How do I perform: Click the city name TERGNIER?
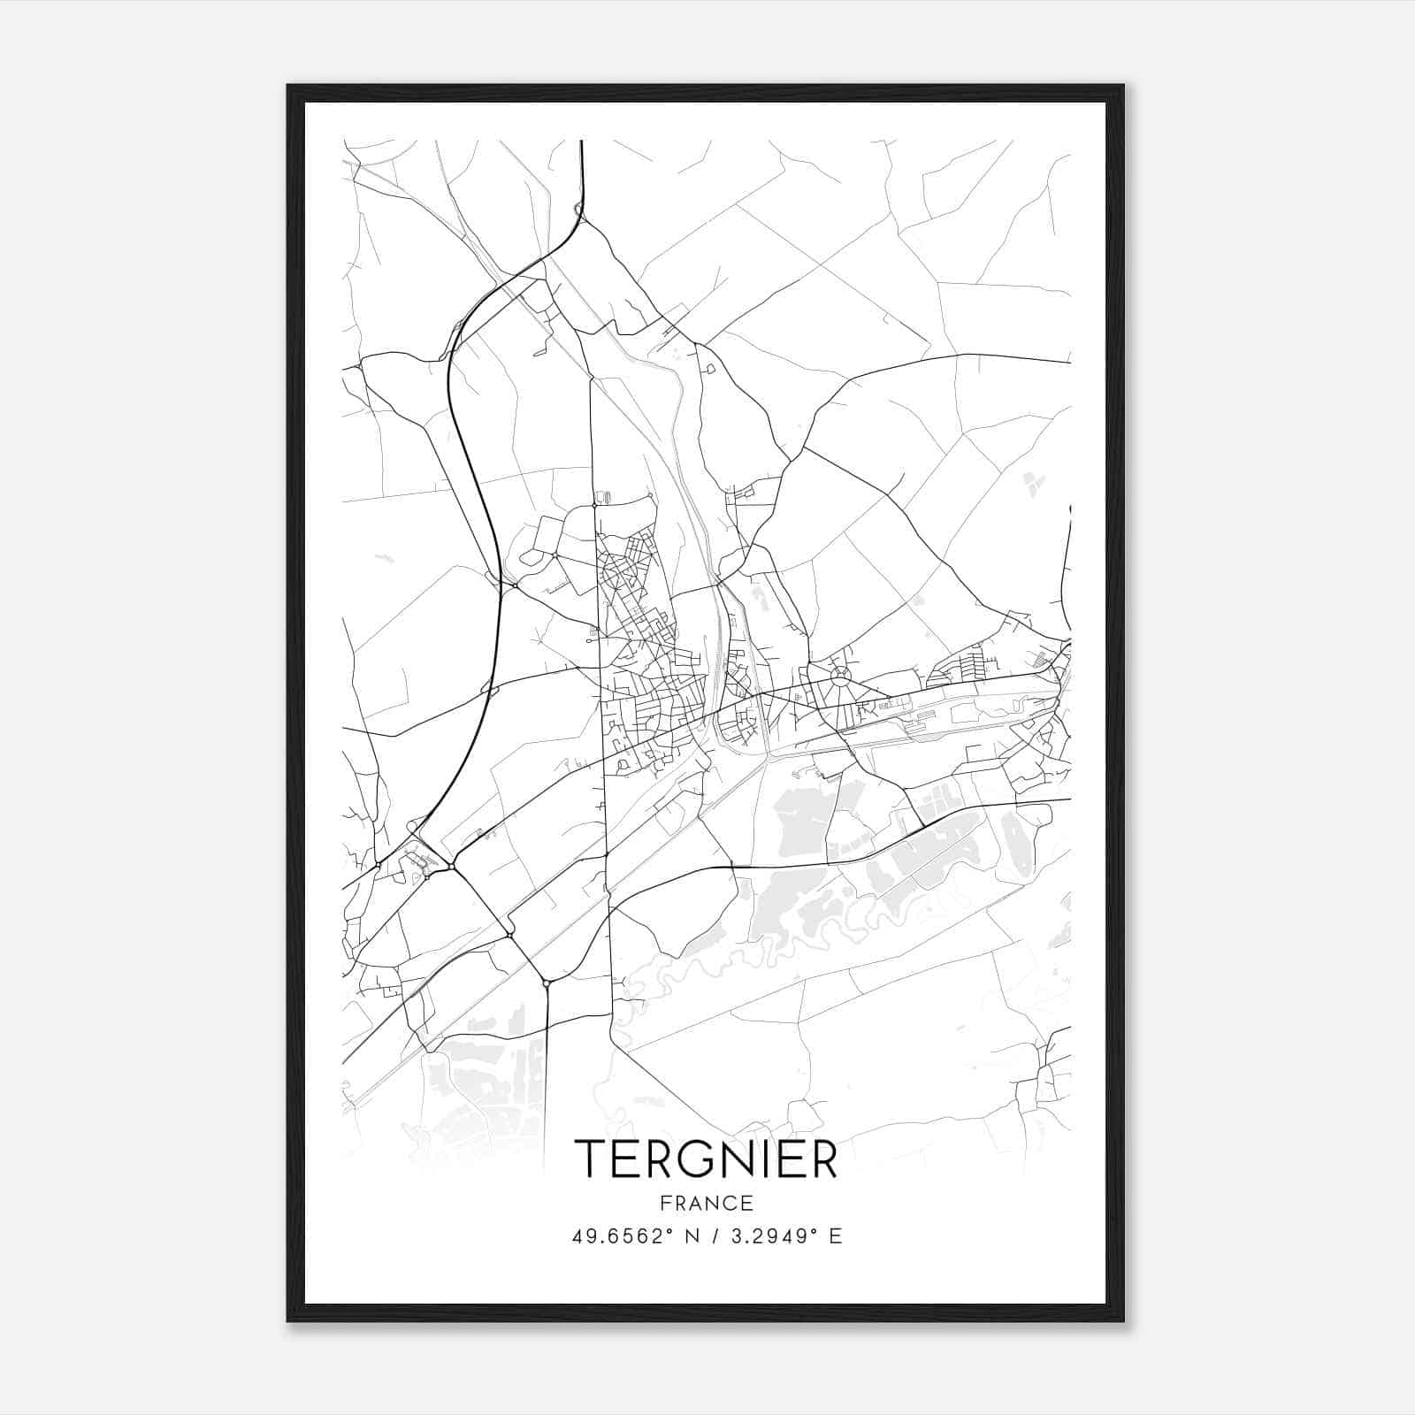pyautogui.click(x=706, y=1159)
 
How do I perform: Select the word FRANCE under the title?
pyautogui.click(x=706, y=1203)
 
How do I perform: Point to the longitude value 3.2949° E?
pyautogui.click(x=783, y=1236)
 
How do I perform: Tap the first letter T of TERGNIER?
pyautogui.click(x=590, y=1159)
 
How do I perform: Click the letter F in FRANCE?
pyautogui.click(x=663, y=1203)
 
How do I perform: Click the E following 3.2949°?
pyautogui.click(x=836, y=1236)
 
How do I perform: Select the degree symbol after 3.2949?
pyautogui.click(x=816, y=1231)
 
